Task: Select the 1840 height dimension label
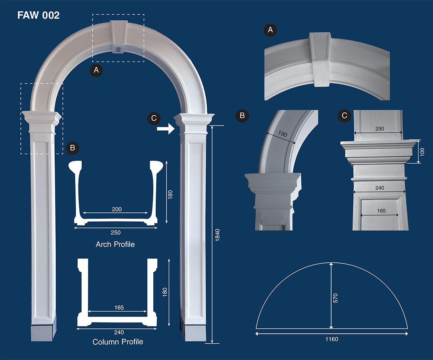[217, 234]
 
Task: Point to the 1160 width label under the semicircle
[331, 339]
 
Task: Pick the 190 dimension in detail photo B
[283, 134]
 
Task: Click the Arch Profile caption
[115, 244]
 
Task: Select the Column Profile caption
[118, 342]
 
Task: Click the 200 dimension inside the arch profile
[117, 209]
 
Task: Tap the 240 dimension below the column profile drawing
[117, 332]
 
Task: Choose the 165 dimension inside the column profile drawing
[118, 308]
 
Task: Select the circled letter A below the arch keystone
[96, 70]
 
